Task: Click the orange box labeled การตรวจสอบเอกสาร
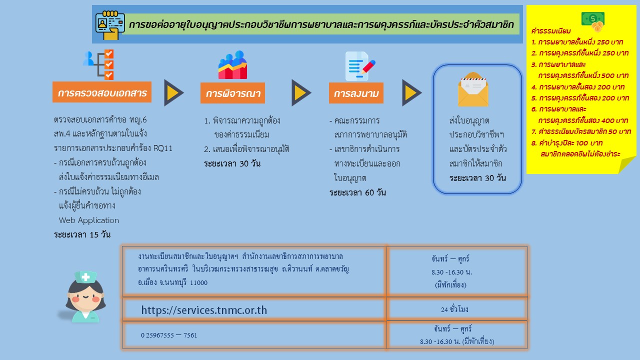[102, 92]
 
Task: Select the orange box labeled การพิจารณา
[232, 93]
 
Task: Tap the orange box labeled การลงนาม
[356, 93]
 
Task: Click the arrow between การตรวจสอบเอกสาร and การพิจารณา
[173, 93]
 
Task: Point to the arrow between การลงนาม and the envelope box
[411, 93]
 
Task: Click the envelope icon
[473, 89]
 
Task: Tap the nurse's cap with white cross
[85, 277]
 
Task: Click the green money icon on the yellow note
[593, 21]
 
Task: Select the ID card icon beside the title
[109, 25]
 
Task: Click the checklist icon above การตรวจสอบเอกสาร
[98, 64]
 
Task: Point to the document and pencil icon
[360, 66]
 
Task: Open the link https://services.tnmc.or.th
[204, 310]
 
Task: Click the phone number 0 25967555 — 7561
[169, 335]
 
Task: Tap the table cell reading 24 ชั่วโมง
[454, 309]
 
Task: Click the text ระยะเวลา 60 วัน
[357, 192]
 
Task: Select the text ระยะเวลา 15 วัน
[82, 234]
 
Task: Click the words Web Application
[89, 220]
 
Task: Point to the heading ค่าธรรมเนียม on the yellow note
[551, 31]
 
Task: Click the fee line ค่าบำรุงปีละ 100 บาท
[567, 143]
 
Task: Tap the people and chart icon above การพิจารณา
[232, 65]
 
